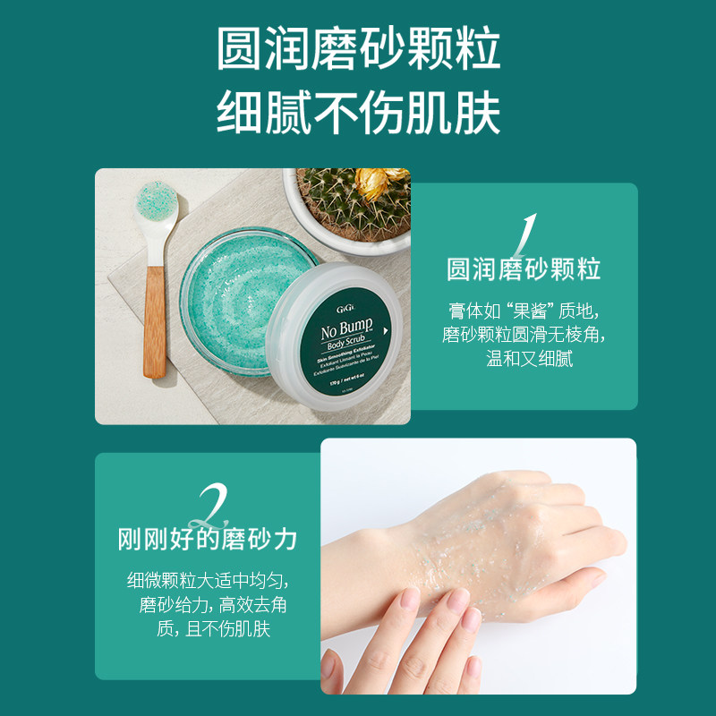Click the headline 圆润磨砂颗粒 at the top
pos(358,49)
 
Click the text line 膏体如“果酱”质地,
pos(524,311)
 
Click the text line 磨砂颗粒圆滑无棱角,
pos(524,336)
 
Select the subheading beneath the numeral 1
pos(524,268)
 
